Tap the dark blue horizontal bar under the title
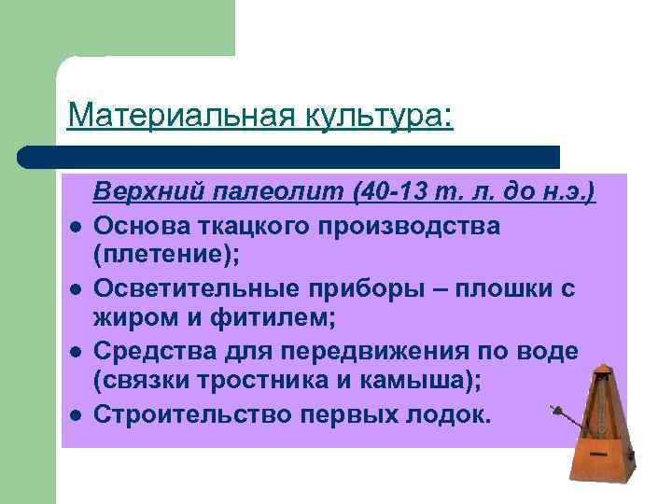coord(289,156)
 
